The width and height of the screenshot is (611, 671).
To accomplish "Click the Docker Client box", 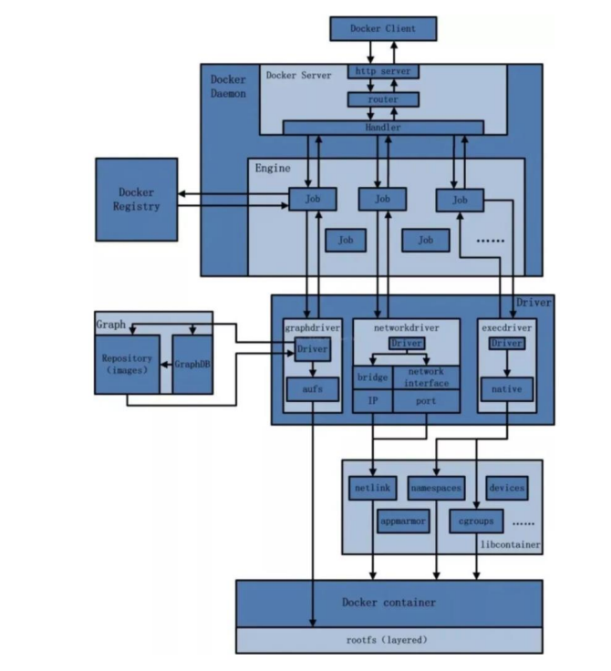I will (382, 28).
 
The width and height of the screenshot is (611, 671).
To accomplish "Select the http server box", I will (383, 71).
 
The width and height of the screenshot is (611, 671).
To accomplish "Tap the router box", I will (383, 98).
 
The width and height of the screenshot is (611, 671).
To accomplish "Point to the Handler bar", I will (383, 128).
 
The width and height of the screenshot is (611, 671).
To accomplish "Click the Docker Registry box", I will (137, 199).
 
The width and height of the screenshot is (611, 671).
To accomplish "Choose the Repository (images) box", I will (127, 365).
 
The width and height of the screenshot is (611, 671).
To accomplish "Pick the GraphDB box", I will (192, 365).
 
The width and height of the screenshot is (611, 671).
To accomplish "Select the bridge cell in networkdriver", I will (373, 377).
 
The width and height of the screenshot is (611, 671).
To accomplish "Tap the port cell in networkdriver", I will (426, 400).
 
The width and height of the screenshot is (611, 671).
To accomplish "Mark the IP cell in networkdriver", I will (373, 400).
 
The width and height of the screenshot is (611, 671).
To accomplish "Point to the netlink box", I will (371, 489).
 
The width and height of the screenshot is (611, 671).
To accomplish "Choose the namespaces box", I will (436, 489).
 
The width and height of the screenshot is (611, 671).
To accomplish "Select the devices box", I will (507, 489).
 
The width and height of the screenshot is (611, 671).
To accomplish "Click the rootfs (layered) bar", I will (388, 640).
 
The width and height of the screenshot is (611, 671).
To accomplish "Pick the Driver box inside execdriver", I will (506, 344).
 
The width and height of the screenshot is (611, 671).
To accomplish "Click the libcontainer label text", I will (510, 544).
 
